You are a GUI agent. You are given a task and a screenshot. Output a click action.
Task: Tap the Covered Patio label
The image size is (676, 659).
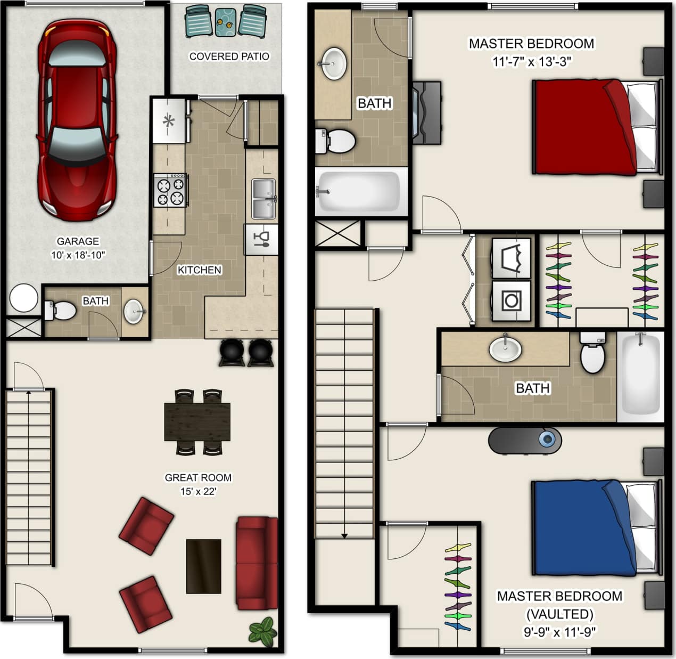pyautogui.click(x=229, y=56)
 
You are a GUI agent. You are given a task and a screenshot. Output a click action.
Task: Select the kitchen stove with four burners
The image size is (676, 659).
pyautogui.click(x=170, y=190)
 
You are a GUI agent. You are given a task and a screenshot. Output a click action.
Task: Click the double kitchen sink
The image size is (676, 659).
pyautogui.click(x=263, y=199)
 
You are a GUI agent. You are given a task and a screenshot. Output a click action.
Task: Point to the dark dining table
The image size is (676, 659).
pyautogui.click(x=197, y=421)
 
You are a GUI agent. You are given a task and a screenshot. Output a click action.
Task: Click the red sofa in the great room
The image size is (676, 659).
pyautogui.click(x=257, y=563)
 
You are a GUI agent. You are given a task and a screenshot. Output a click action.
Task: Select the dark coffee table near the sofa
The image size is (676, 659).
pyautogui.click(x=203, y=566)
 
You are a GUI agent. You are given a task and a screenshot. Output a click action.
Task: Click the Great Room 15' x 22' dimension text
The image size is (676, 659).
pyautogui.click(x=197, y=491)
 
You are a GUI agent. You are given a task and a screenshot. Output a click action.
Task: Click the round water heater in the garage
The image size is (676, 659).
pyautogui.click(x=24, y=298)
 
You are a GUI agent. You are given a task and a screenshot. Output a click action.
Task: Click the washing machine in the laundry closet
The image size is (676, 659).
pyautogui.click(x=512, y=300)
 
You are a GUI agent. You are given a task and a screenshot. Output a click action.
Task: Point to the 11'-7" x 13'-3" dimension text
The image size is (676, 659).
pyautogui.click(x=531, y=61)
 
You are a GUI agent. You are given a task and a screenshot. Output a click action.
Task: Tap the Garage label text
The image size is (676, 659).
pyautogui.click(x=78, y=241)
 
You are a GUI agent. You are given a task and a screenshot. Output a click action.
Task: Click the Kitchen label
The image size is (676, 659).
pyautogui.click(x=199, y=270)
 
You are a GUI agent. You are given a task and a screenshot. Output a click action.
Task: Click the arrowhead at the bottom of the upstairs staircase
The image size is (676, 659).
pyautogui.click(x=345, y=535)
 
